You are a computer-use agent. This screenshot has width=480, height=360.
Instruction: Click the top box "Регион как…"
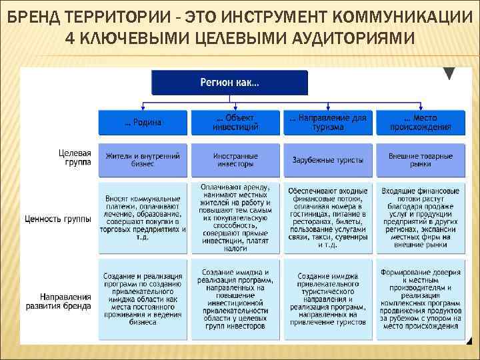coord(229,83)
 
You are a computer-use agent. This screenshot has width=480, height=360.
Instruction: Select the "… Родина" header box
coord(143,123)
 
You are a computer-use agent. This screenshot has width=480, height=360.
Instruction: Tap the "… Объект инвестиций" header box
coord(235,122)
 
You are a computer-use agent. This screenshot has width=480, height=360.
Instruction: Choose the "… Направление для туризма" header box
coord(327,122)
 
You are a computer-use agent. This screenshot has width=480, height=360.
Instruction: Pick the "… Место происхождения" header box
coord(420,122)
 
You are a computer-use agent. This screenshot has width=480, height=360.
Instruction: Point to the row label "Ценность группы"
coord(58,218)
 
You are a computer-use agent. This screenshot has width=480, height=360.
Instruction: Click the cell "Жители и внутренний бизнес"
coord(143,159)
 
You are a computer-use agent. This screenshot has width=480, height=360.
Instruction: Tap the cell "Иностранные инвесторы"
coord(235,159)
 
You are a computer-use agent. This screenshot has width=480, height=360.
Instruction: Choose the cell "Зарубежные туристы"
coord(327,160)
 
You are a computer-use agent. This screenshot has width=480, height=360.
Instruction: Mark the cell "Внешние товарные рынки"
coord(420,159)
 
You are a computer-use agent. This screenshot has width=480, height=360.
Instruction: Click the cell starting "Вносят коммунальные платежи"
coord(143,218)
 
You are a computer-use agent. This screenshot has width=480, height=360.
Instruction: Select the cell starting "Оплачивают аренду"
coord(235,217)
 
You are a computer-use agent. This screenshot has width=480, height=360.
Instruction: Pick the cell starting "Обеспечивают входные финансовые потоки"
coord(327,217)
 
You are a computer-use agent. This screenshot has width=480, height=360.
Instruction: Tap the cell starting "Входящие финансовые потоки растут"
coord(420,217)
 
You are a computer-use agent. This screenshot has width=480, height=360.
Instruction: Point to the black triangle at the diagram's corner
coord(450,73)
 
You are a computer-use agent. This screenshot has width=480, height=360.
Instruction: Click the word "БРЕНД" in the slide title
coord(33,16)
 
